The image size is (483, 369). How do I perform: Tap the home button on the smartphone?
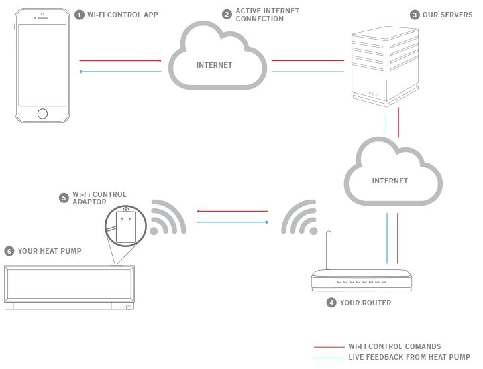(42, 114)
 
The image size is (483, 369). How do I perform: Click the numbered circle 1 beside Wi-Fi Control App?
(79, 15)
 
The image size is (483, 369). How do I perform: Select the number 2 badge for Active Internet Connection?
(227, 15)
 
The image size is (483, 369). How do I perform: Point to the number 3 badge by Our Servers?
(415, 15)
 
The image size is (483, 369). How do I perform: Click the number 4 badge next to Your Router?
(331, 303)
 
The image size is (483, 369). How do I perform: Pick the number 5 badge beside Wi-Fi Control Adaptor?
(64, 198)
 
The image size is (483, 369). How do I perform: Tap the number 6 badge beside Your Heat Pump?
(9, 251)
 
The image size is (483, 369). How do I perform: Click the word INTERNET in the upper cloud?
(215, 65)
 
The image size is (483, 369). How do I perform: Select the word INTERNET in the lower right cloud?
(390, 181)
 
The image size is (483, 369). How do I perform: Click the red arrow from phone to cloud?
(121, 60)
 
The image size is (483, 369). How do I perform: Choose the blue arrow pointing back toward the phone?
(121, 72)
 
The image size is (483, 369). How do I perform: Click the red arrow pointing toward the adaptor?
(233, 211)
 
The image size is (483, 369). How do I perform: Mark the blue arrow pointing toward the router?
(233, 222)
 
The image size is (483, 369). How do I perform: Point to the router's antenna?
(329, 250)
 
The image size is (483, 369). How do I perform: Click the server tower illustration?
(385, 67)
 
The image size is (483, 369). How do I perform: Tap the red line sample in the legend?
(329, 347)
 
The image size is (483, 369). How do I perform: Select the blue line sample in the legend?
(329, 358)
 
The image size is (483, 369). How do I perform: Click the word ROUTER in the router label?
(377, 303)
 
